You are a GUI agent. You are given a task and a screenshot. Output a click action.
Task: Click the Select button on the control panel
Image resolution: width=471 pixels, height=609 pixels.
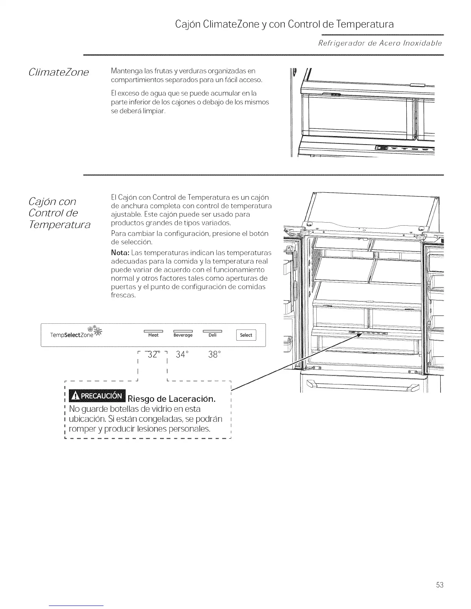point(246,335)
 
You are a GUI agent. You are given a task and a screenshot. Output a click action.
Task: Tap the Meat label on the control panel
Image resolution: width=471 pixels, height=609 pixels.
point(153,335)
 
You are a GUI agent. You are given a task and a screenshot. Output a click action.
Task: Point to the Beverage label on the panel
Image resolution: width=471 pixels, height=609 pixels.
point(183,335)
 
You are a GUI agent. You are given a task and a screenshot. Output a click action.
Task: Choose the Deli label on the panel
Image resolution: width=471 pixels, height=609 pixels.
point(212,335)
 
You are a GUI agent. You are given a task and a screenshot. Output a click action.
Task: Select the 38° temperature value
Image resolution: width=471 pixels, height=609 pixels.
point(214,354)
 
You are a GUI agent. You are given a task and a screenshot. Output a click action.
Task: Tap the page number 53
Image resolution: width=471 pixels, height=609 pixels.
point(440,585)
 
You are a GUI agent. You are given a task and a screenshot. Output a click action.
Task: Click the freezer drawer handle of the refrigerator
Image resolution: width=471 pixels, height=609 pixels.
point(361,386)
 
